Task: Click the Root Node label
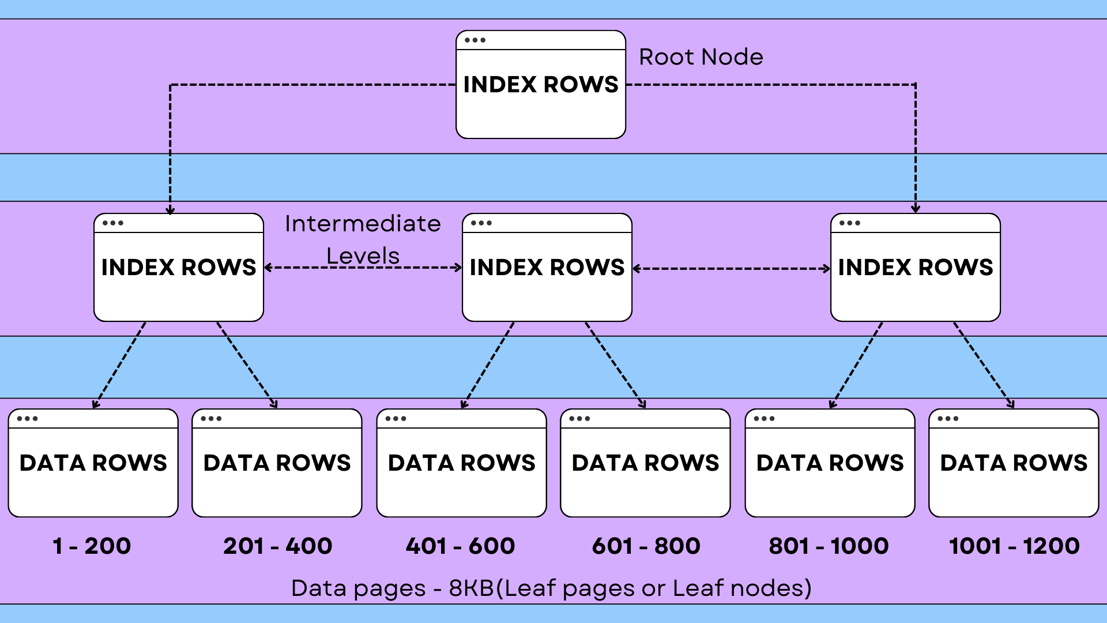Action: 701,57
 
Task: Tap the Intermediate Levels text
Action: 363,239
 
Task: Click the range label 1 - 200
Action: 92,546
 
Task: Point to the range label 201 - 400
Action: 277,546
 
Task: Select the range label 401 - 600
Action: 460,546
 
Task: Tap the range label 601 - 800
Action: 646,546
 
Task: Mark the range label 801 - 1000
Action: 829,546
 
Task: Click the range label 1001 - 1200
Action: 1014,546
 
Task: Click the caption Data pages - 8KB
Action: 551,588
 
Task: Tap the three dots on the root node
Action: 475,40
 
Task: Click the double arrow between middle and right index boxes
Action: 731,269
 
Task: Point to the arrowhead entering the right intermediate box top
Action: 916,209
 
